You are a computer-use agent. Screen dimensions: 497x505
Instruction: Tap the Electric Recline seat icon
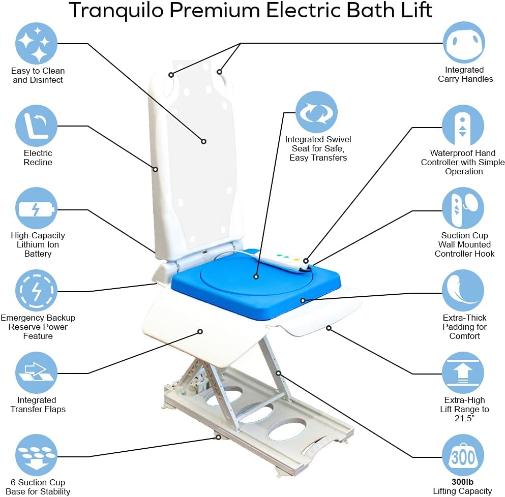click(36, 126)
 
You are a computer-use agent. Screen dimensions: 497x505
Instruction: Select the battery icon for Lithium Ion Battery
click(36, 209)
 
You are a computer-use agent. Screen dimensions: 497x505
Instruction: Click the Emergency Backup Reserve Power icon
click(36, 291)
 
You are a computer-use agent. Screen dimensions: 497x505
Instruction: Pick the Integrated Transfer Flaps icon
click(36, 374)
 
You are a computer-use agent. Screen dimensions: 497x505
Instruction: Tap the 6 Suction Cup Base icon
click(36, 455)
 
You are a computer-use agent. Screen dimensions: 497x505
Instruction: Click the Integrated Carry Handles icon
click(463, 43)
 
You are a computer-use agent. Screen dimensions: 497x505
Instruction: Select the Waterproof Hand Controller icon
click(463, 126)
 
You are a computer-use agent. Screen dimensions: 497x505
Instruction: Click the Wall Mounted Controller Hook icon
click(463, 208)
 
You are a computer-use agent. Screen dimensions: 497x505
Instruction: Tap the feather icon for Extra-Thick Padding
click(463, 291)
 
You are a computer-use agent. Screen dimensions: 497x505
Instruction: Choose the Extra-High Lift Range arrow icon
click(463, 374)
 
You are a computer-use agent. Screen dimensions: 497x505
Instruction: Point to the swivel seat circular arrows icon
click(317, 112)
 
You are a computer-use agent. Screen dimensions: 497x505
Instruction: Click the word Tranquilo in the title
click(121, 10)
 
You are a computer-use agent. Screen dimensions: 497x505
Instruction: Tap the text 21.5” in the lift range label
click(464, 418)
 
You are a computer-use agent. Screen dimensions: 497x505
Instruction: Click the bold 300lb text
click(462, 482)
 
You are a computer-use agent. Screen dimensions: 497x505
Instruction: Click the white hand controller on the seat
click(287, 260)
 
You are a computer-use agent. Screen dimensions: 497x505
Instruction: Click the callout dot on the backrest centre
click(203, 141)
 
